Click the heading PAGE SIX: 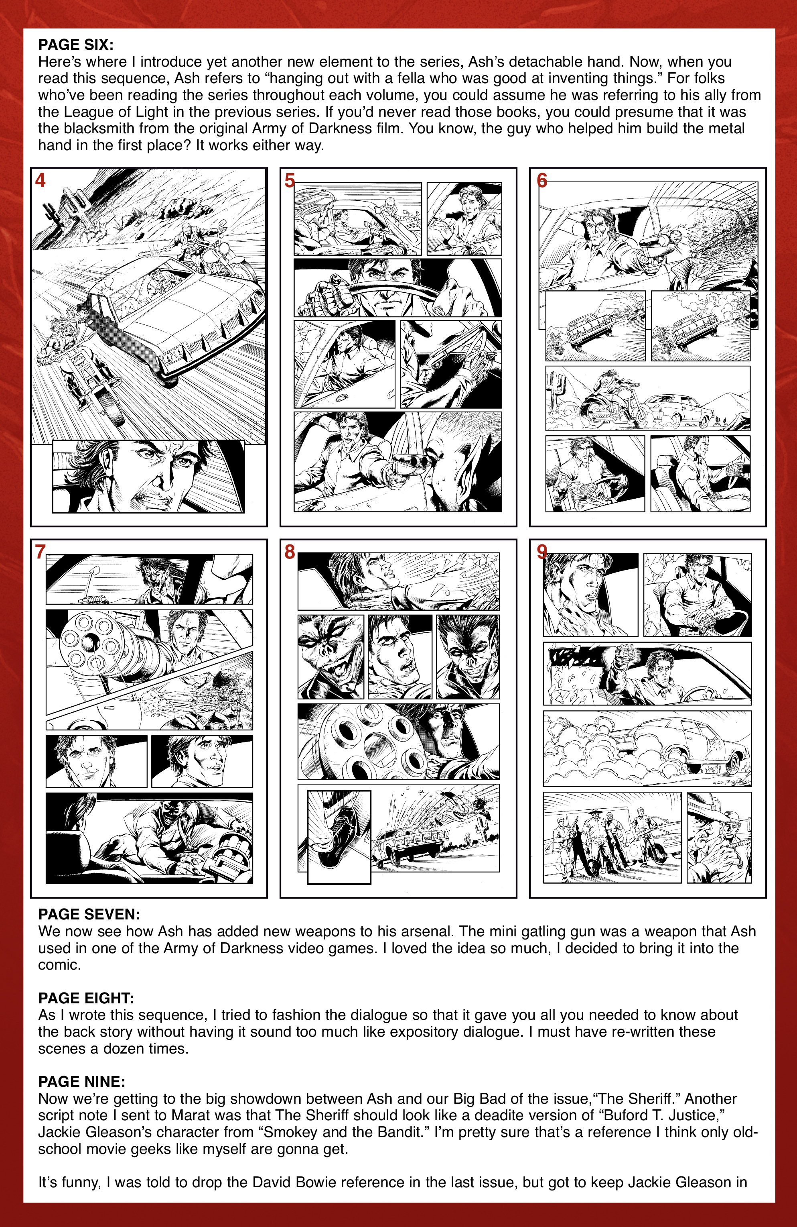tap(76, 45)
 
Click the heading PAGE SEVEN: tap(89, 915)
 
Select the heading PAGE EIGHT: tap(86, 998)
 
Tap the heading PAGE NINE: tap(81, 1082)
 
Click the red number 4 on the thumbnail tap(40, 180)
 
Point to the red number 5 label tap(290, 180)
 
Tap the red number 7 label tap(40, 552)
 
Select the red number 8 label tap(290, 552)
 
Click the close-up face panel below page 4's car tap(148, 476)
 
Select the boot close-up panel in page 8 tap(339, 836)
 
